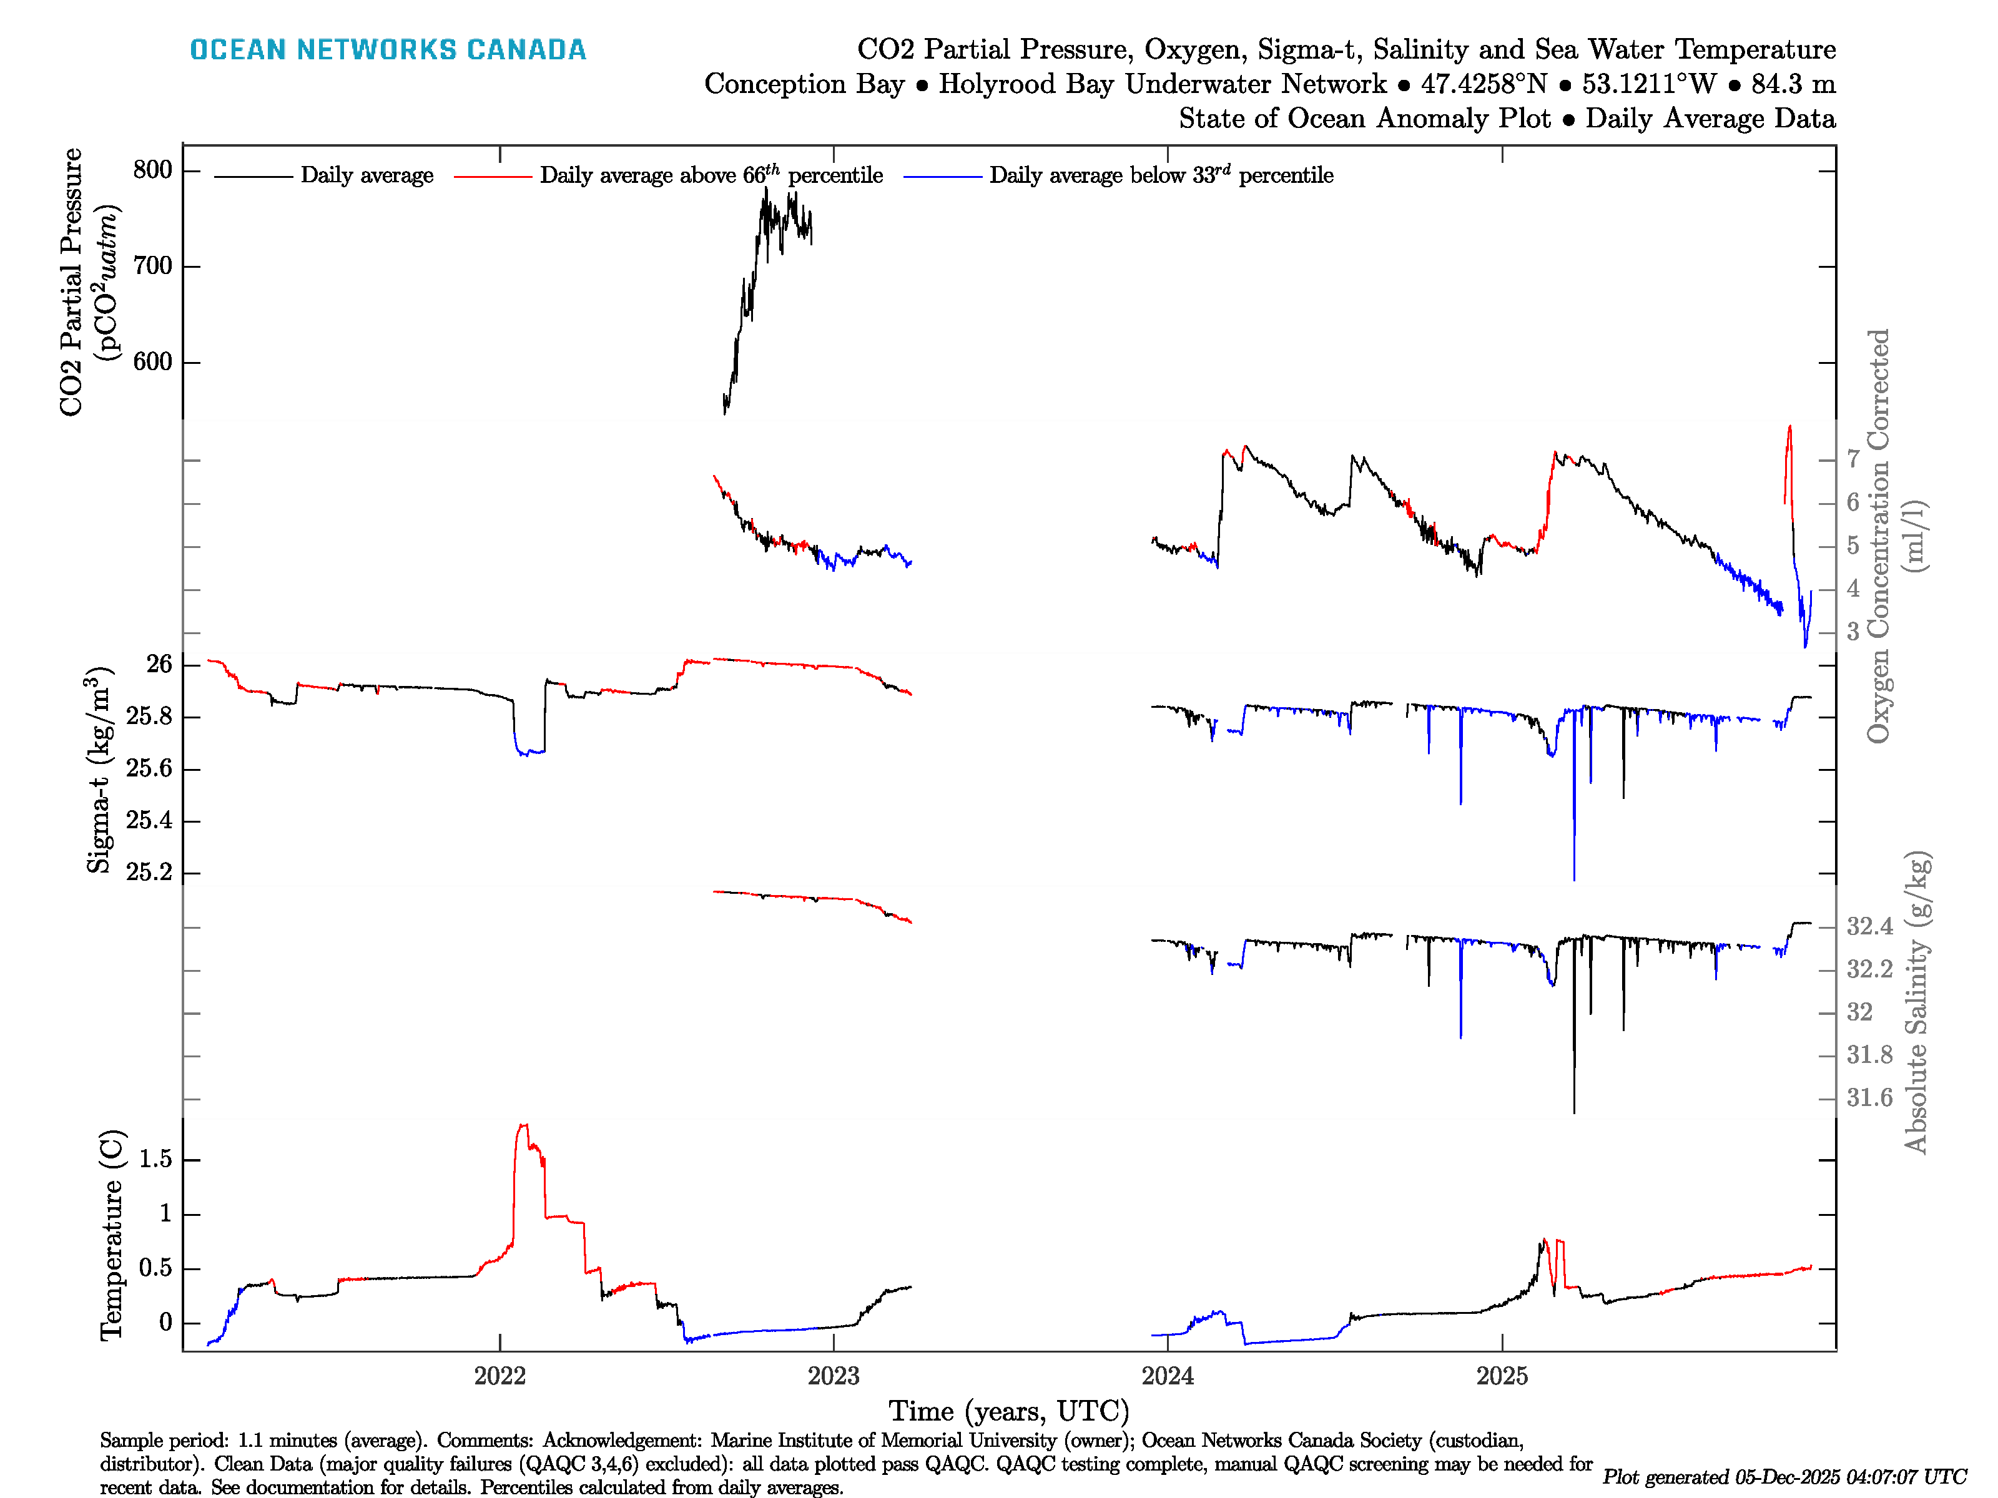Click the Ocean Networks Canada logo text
coord(388,50)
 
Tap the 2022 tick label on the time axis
coord(499,1376)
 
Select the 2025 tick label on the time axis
coord(1501,1376)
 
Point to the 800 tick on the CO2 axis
coord(152,170)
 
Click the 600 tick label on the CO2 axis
coord(152,361)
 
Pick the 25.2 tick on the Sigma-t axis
coord(148,872)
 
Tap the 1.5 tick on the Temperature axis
coord(155,1160)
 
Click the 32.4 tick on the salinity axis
coord(1869,926)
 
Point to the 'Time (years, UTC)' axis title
coord(1009,1411)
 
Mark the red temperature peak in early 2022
coord(522,1126)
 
